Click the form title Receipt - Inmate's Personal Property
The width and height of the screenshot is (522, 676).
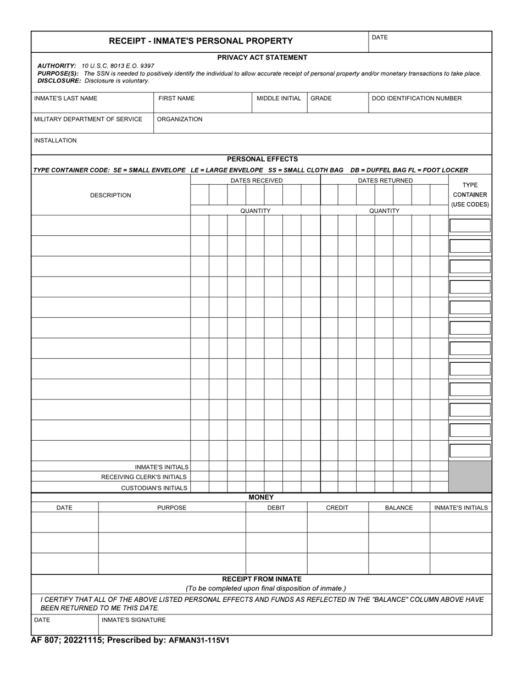[x=201, y=41]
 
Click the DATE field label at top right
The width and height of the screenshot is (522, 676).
[x=380, y=37]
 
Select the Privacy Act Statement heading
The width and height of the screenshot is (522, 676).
[x=262, y=57]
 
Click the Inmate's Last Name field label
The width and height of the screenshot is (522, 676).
[x=65, y=98]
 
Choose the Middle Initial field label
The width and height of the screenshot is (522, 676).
[x=279, y=98]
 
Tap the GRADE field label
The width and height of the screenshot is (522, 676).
[x=321, y=98]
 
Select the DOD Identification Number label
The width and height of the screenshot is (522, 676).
[x=417, y=98]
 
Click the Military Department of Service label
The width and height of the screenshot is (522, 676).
[x=88, y=119]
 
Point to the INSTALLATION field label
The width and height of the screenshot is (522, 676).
[x=55, y=141]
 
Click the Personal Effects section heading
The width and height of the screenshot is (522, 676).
[x=262, y=159]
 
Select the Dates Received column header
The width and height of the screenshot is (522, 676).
[x=256, y=180]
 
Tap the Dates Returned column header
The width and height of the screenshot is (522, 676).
[x=385, y=180]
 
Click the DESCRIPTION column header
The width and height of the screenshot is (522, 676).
[x=110, y=195]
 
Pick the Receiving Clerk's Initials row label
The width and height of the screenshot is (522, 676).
[x=144, y=477]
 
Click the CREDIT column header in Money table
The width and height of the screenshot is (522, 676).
[x=337, y=508]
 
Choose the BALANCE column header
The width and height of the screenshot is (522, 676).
[x=398, y=508]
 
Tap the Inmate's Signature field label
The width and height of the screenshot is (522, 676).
[x=134, y=620]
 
